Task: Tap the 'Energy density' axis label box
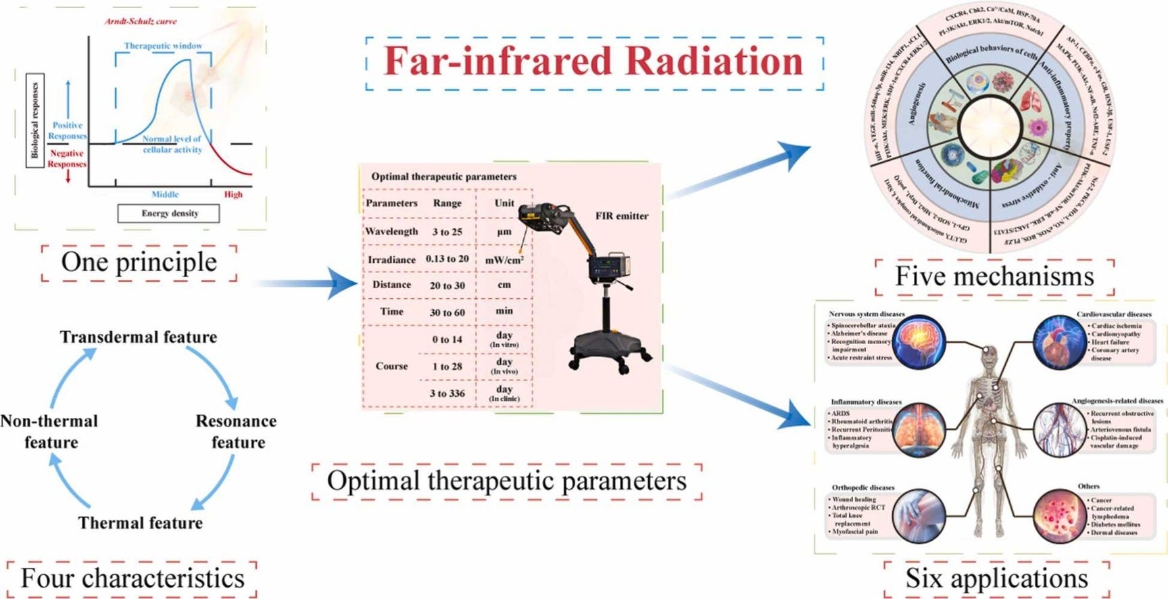coord(168,214)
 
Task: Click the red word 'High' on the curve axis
coord(233,195)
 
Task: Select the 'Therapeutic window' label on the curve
coord(163,46)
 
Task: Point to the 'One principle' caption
coord(139,262)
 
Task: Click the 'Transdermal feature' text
coord(139,337)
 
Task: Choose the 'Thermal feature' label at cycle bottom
coord(140,523)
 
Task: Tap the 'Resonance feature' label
coord(237,431)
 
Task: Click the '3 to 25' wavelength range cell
coord(447,232)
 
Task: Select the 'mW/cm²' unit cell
coord(504,260)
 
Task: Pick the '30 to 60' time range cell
coord(447,312)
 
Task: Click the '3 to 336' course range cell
coord(447,393)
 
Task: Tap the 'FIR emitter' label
coord(621,216)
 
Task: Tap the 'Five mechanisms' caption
coord(994,277)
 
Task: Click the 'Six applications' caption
coord(996,579)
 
